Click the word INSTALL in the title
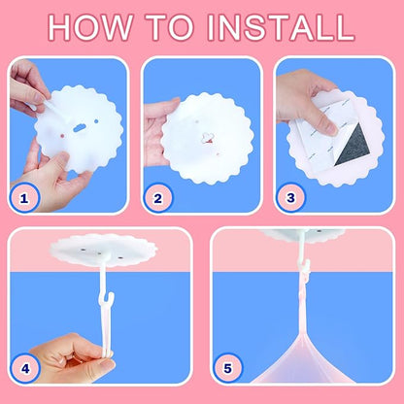coord(281,27)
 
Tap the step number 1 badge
coord(23,198)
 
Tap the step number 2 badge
coord(157,198)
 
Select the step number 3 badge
coord(290,197)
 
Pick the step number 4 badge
coord(25,368)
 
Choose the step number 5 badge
coord(227,368)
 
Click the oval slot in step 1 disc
coord(80,128)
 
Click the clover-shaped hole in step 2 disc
coord(208,138)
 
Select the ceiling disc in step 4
coord(104,250)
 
